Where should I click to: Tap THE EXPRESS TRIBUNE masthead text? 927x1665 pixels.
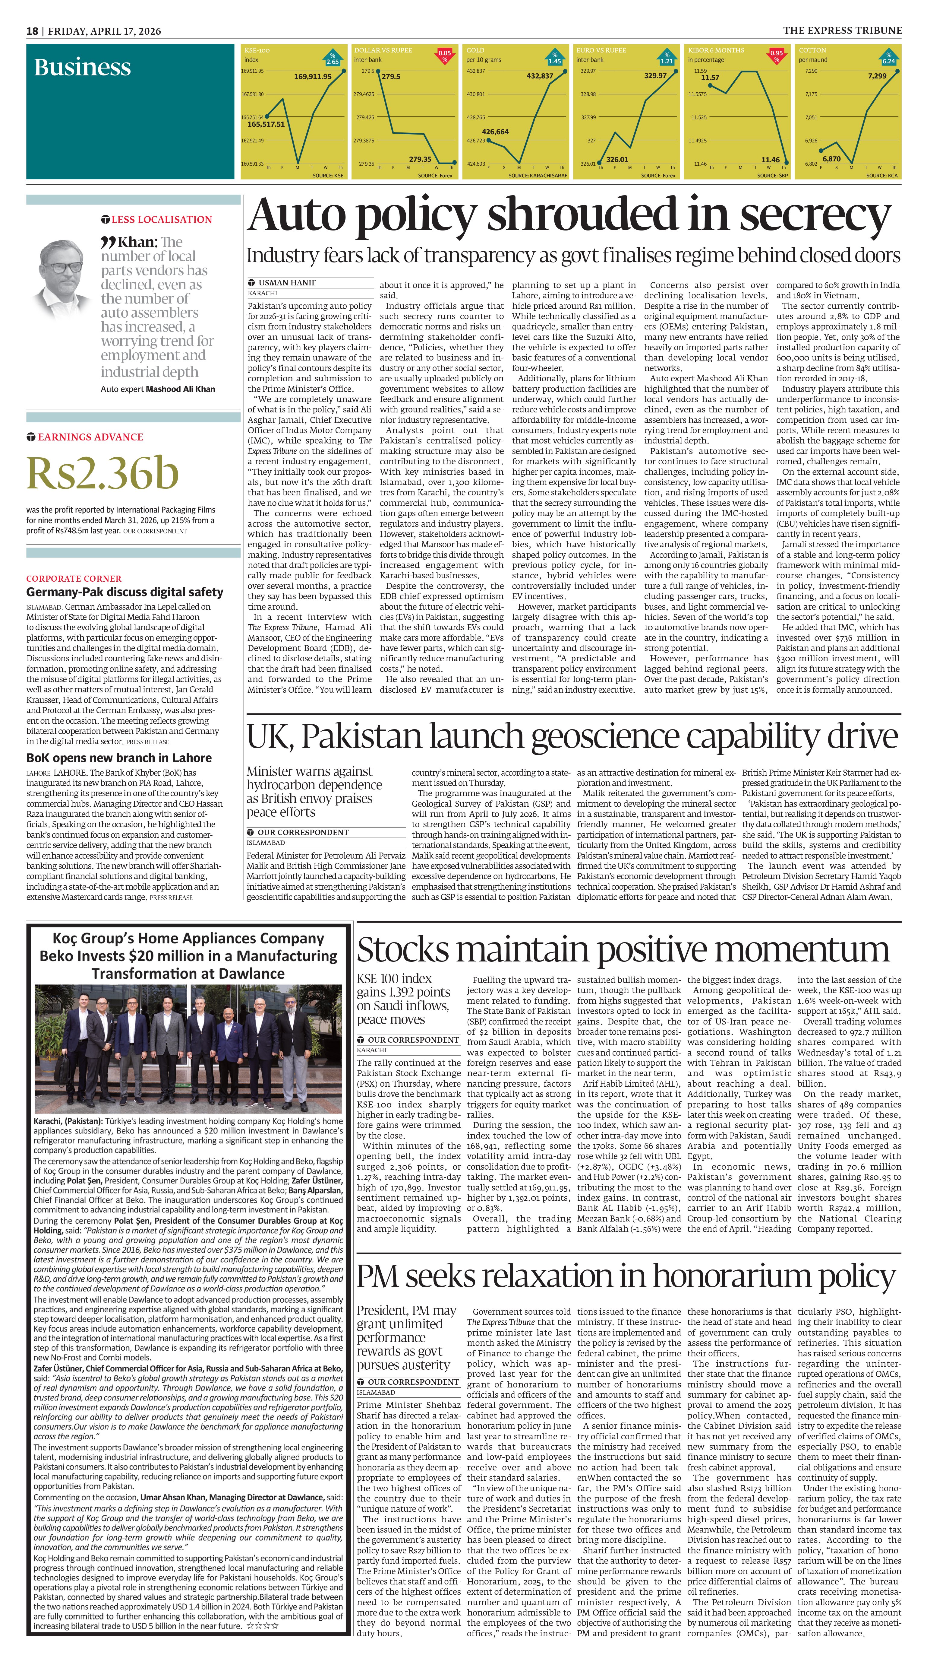(x=842, y=30)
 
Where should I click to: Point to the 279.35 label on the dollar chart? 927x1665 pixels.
(x=420, y=159)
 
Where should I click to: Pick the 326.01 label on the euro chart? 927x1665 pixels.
(x=617, y=159)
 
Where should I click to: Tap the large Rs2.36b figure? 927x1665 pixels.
(x=102, y=474)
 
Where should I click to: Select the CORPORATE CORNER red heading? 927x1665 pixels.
(x=74, y=579)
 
